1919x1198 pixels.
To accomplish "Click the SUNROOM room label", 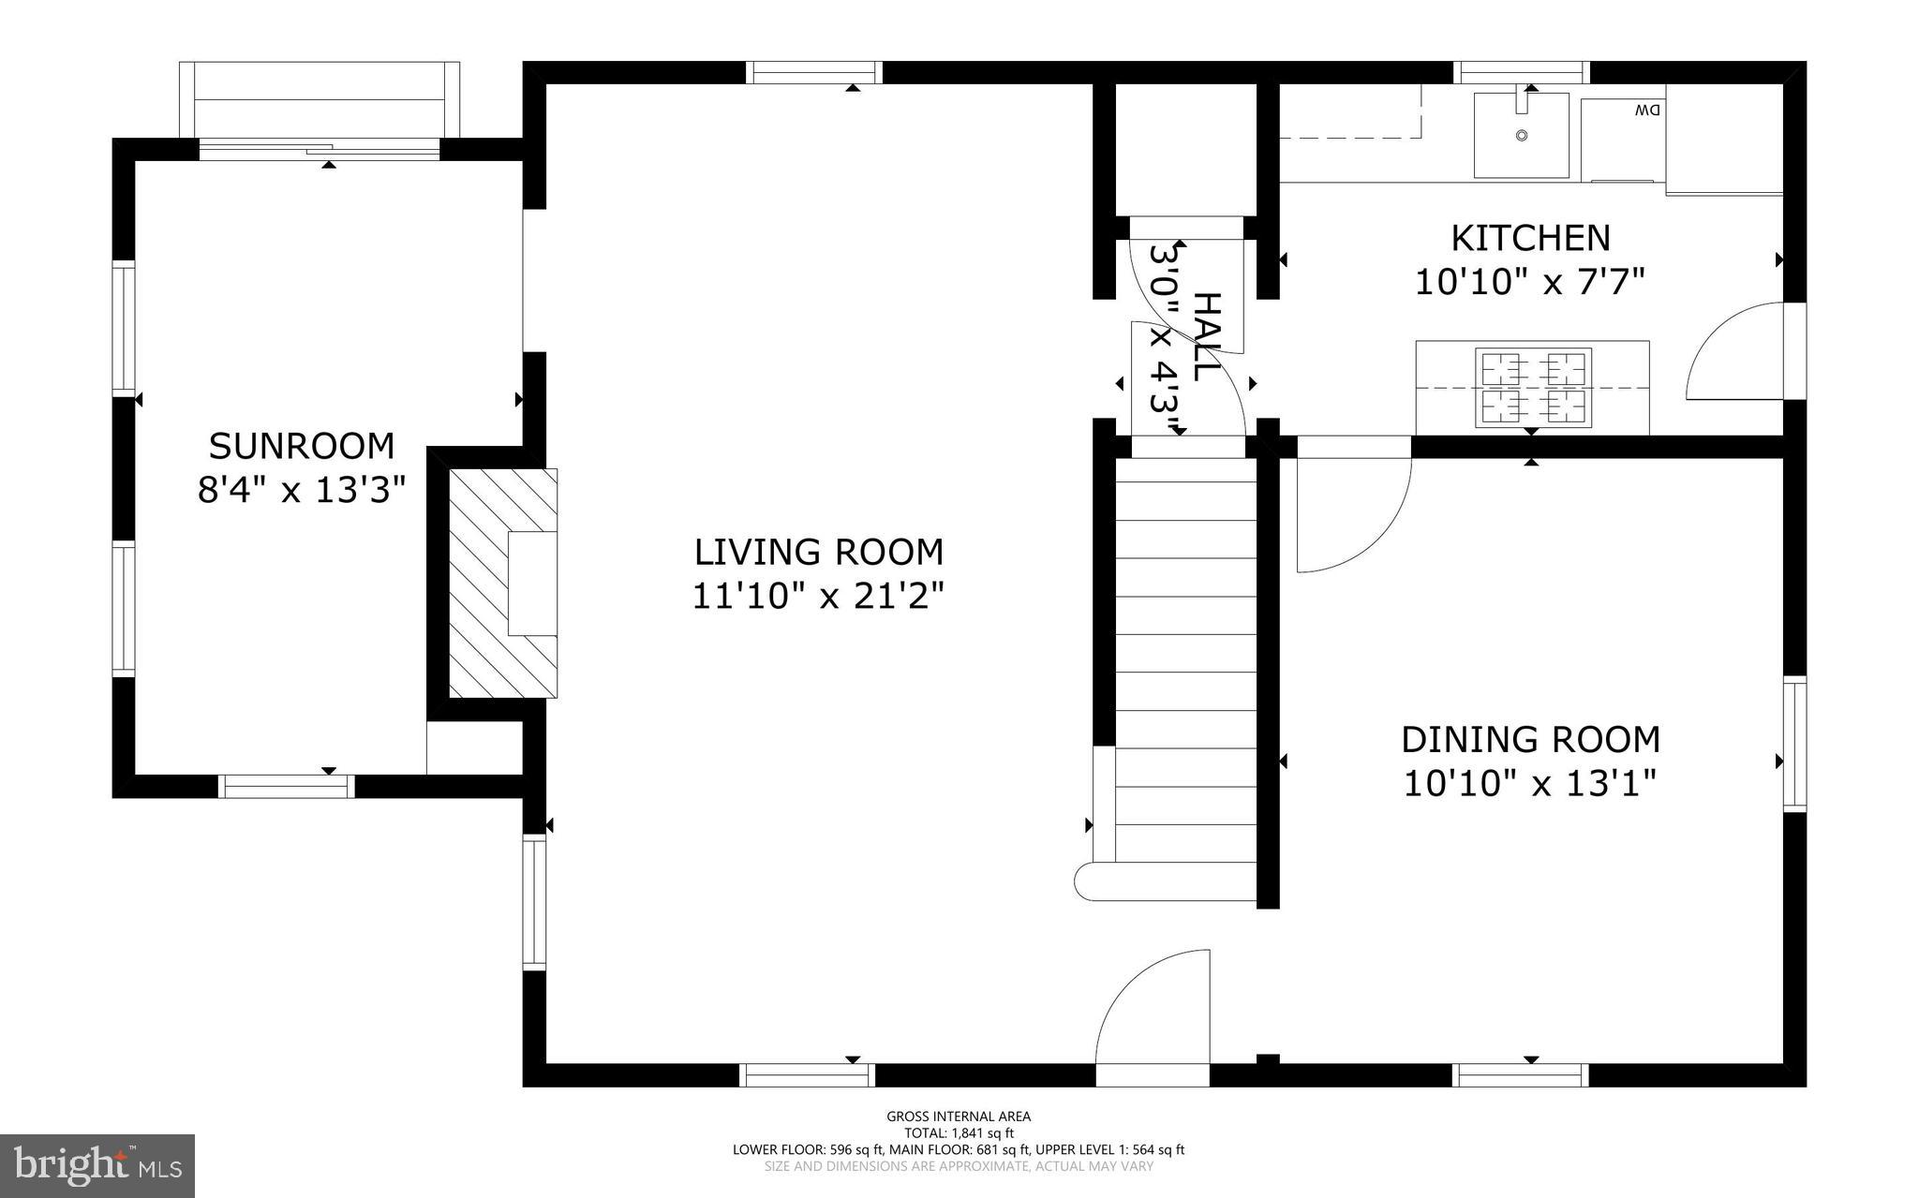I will pos(301,446).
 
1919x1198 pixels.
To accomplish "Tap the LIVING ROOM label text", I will pos(818,552).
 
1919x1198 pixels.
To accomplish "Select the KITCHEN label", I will pos(1530,238).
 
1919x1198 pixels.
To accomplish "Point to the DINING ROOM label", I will pos(1530,739).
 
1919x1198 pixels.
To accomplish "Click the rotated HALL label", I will pos(1208,337).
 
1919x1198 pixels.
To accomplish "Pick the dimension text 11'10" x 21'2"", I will pos(818,596).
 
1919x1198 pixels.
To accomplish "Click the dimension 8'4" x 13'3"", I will pos(301,490).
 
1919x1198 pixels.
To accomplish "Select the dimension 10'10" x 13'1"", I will pos(1530,783).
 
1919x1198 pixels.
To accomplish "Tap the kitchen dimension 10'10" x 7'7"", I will pos(1530,281).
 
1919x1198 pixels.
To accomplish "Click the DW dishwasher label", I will pos(1647,111).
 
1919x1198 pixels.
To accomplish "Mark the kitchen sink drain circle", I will pos(1522,136).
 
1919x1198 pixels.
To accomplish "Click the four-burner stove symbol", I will pos(1533,388).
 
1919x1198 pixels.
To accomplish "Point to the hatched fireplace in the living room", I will pos(503,583).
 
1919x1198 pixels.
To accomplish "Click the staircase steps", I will pos(1185,656).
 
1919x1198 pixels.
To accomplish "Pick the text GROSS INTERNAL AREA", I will pos(959,1116).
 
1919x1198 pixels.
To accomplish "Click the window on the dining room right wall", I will pos(1793,743).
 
